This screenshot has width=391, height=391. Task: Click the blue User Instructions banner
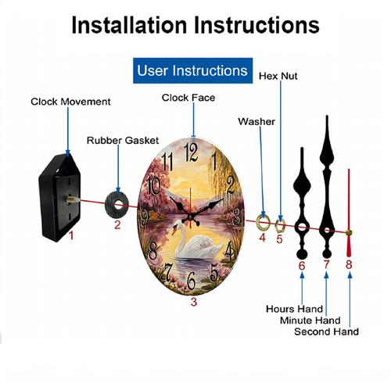pos(192,70)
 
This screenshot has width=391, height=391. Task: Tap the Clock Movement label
pos(70,102)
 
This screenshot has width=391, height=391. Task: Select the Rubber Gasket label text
pos(123,141)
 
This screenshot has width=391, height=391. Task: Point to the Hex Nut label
pos(278,76)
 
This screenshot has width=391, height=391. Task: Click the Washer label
pos(256,122)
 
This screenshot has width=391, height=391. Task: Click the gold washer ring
pos(263,223)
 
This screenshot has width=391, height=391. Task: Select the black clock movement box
pos(59,197)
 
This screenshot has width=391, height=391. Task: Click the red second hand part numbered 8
pos(349,213)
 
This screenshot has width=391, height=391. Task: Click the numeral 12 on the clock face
pos(191,152)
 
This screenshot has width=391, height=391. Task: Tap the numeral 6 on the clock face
pos(192,281)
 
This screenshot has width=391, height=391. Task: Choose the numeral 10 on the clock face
pos(153,185)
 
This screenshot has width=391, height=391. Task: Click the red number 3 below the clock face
pos(194,302)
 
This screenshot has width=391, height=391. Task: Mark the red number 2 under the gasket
pos(117,224)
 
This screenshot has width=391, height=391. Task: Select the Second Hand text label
pos(326,332)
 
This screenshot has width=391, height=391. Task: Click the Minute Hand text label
pos(310,320)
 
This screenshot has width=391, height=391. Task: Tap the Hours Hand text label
pos(294,309)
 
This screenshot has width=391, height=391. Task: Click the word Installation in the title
pos(129,25)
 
